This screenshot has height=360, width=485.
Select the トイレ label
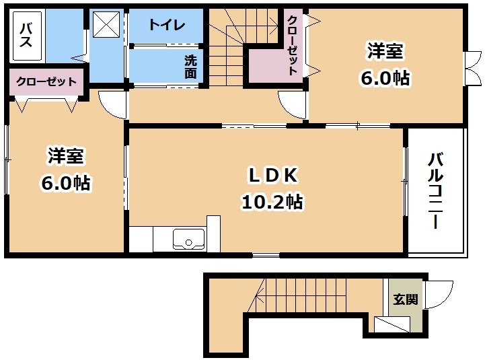pyautogui.click(x=166, y=25)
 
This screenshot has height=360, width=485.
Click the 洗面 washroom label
pyautogui.click(x=190, y=67)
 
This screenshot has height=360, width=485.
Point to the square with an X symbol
pyautogui.click(x=106, y=24)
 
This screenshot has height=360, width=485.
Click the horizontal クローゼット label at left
pyautogui.click(x=46, y=82)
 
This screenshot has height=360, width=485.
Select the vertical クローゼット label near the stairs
pyautogui.click(x=293, y=45)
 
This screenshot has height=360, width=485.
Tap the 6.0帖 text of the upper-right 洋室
pyautogui.click(x=385, y=78)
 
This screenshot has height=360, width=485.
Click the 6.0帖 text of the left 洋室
pyautogui.click(x=65, y=183)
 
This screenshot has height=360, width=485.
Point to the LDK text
pyautogui.click(x=273, y=176)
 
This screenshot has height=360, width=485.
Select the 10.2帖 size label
pyautogui.click(x=272, y=202)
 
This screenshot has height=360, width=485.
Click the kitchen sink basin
pyautogui.click(x=188, y=239)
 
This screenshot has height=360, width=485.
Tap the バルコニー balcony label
pyautogui.click(x=435, y=191)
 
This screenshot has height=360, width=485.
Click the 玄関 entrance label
pyautogui.click(x=405, y=299)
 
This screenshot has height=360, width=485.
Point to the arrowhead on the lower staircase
pyautogui.click(x=258, y=299)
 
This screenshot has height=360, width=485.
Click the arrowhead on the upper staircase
pyautogui.click(x=274, y=22)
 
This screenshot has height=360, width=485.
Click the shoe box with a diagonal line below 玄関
pyautogui.click(x=392, y=325)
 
